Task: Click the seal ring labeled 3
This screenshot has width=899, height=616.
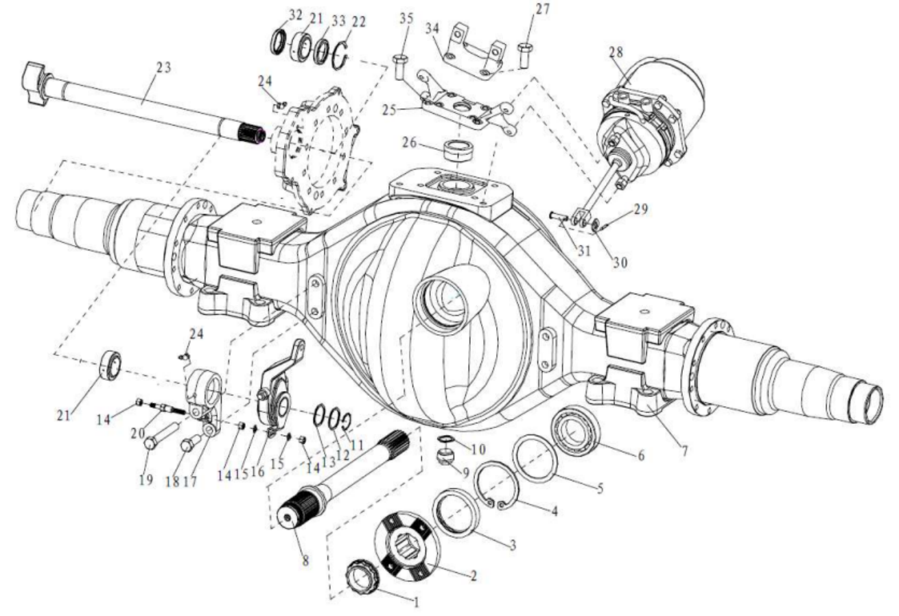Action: [x=457, y=514]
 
